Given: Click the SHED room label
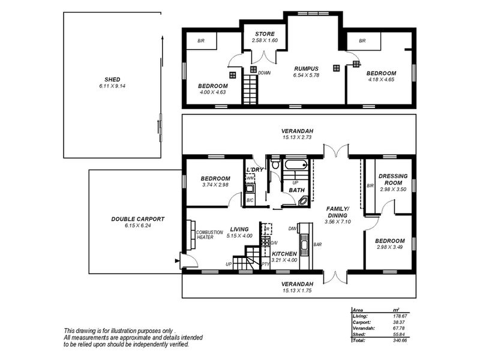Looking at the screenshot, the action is click(112, 80).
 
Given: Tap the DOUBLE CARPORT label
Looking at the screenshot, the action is click(138, 219).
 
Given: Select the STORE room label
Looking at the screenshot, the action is click(265, 34).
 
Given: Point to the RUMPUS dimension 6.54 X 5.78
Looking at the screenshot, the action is click(306, 75).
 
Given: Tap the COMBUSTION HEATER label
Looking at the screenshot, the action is click(209, 235).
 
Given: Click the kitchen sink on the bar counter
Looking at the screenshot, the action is click(304, 245).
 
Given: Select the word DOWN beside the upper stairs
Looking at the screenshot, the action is click(264, 73).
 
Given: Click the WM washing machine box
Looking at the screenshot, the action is click(250, 178).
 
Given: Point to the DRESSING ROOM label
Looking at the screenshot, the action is click(393, 179).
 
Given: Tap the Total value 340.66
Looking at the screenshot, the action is click(400, 340).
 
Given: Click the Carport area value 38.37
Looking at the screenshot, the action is click(399, 322).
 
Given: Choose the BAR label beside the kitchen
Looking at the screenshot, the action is click(317, 245).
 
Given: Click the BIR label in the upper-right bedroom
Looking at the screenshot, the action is click(362, 41).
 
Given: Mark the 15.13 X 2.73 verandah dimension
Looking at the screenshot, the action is click(297, 137).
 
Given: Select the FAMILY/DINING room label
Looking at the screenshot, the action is click(338, 212).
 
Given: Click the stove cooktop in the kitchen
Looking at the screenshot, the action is click(265, 242).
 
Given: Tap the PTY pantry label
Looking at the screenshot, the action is click(265, 264).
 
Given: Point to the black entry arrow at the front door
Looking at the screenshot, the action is click(176, 261).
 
